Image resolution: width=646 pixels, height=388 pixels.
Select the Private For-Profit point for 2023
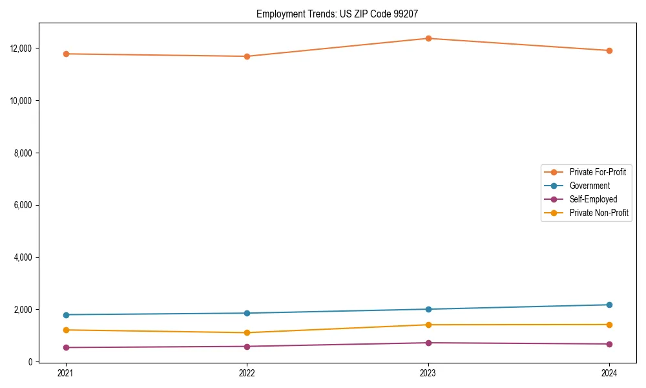[x=428, y=38]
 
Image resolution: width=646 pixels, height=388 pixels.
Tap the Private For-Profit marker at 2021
[x=65, y=54]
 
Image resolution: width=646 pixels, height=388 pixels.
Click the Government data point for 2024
[x=609, y=305]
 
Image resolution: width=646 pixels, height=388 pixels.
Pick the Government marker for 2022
[x=247, y=313]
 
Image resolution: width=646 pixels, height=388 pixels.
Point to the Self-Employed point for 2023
[x=428, y=343]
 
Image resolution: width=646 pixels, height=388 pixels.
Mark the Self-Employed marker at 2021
[x=65, y=347]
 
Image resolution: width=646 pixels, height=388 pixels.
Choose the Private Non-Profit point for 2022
[x=247, y=332]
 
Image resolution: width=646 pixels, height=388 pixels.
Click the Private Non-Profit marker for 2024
[x=609, y=325]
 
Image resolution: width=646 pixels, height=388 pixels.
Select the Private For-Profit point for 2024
[x=609, y=50]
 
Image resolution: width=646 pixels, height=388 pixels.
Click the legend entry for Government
[x=589, y=186]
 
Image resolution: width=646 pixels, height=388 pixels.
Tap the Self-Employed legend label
[x=593, y=199]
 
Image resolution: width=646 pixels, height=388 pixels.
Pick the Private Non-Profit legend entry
[x=599, y=213]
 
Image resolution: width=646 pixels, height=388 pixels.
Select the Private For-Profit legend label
[x=598, y=172]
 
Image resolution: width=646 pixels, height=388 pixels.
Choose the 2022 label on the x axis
[x=247, y=372]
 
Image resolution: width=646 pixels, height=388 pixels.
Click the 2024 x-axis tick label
[x=609, y=372]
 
